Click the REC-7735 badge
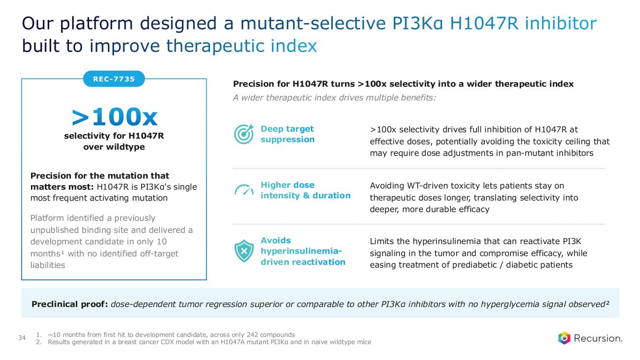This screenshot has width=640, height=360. tap(114, 79)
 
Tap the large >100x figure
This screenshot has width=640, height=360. tap(114, 117)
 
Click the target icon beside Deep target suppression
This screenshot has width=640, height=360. tap(244, 134)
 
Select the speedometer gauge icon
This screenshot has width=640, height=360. tap(244, 190)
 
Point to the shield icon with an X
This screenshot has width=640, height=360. tap(244, 251)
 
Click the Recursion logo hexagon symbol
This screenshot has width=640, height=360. tap(564, 338)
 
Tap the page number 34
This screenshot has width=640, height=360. tap(22, 337)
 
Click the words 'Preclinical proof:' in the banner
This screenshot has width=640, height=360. tap(69, 304)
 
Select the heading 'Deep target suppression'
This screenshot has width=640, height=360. tap(287, 134)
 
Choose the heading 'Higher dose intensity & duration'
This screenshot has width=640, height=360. tap(305, 190)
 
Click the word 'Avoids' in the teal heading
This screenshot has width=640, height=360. tap(276, 240)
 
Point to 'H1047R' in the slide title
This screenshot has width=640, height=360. tap(484, 23)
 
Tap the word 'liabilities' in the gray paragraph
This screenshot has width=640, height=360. tap(48, 265)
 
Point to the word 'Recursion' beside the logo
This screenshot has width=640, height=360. tap(598, 338)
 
